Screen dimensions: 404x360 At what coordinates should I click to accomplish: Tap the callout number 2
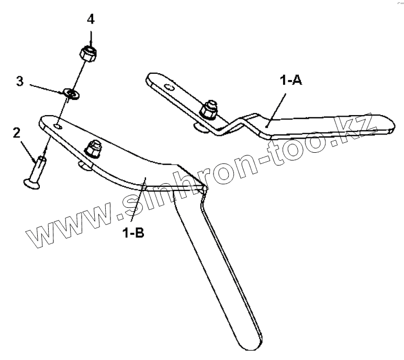pos(17,133)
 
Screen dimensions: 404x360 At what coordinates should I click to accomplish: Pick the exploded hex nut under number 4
pos(87,53)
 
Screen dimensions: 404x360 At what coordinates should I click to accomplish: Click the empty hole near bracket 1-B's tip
pos(58,126)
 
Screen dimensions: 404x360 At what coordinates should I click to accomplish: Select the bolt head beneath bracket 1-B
pos(83,166)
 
